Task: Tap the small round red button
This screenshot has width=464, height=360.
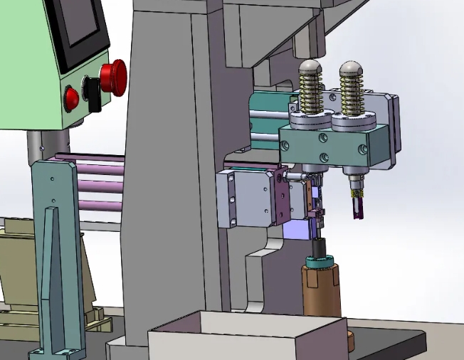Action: [72, 98]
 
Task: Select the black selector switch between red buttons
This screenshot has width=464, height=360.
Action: [92, 92]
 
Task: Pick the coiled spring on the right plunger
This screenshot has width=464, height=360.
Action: [352, 95]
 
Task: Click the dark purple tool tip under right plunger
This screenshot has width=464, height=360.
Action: [357, 208]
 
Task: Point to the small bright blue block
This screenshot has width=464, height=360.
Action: [299, 230]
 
